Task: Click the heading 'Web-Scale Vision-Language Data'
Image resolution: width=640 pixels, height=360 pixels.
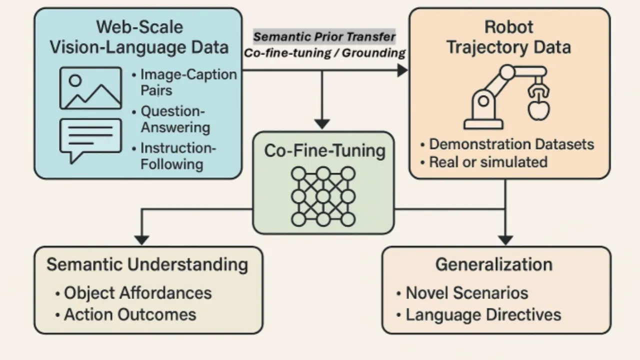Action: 139,37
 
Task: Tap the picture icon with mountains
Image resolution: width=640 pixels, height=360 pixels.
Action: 90,88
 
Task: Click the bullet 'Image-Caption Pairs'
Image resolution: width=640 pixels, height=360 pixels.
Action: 188,82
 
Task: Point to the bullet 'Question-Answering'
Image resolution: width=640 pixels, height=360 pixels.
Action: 175,119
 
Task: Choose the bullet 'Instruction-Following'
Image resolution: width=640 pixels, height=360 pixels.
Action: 178,156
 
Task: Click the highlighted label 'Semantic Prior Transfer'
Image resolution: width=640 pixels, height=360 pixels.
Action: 324,36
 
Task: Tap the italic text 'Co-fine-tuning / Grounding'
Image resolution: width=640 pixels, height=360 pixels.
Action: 324,53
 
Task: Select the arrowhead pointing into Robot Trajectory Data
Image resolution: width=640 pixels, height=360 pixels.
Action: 402,70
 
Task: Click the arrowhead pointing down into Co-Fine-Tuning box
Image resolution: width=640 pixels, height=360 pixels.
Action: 322,124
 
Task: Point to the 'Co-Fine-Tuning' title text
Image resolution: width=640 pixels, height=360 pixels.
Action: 325,150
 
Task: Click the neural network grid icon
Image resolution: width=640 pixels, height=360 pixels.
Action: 323,196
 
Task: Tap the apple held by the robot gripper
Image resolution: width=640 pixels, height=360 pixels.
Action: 538,109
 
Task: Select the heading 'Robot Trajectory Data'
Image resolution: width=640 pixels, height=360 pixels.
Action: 509,37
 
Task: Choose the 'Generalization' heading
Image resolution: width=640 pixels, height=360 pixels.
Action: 494,264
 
